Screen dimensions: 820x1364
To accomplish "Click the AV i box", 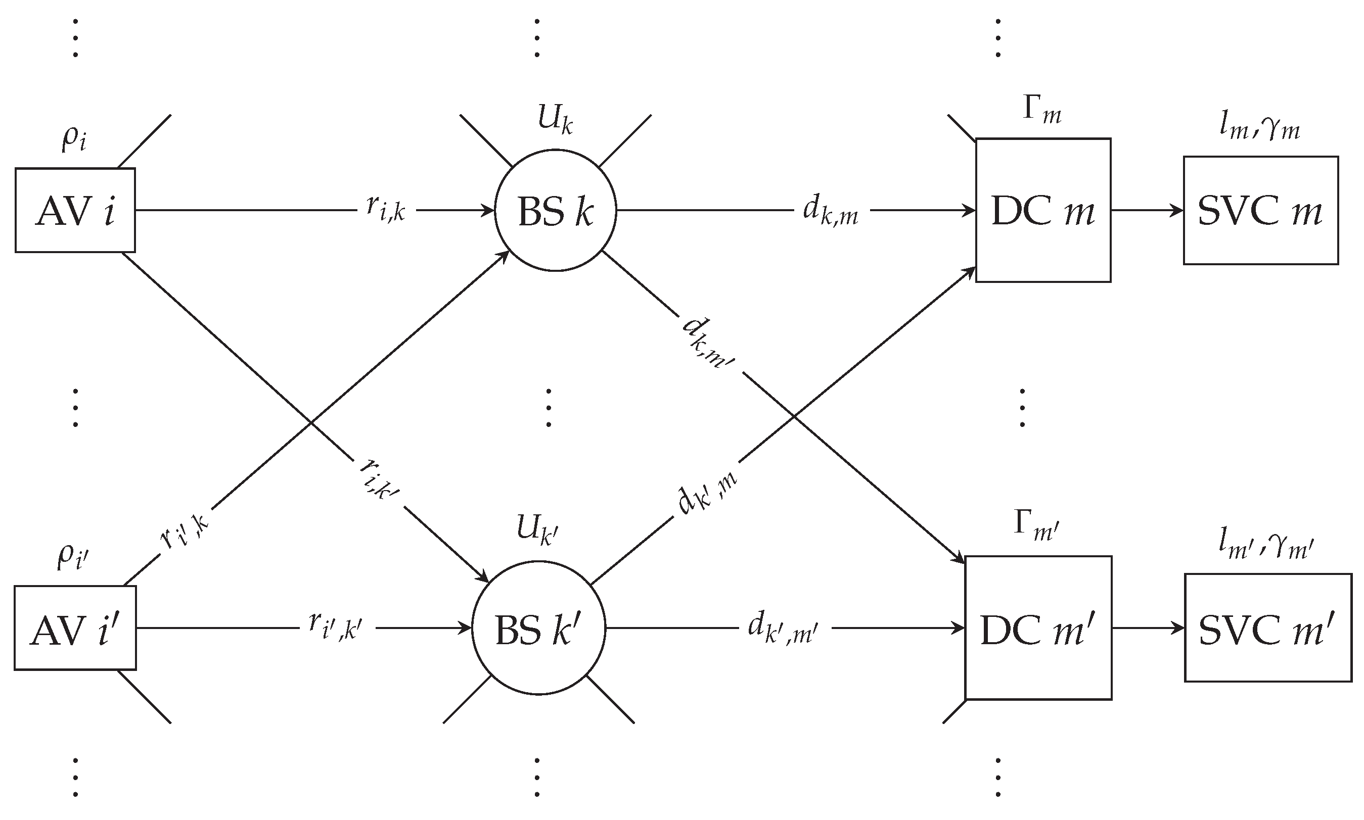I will point(75,211).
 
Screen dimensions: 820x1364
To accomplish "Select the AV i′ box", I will point(75,628).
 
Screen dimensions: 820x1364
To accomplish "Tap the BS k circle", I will point(555,211).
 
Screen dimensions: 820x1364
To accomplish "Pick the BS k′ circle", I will point(538,628).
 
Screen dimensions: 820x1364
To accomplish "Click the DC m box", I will point(1043,211).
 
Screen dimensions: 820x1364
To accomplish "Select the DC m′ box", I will point(1038,628).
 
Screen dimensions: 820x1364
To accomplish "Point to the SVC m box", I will point(1260,211).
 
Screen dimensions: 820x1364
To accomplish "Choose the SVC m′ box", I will point(1267,628).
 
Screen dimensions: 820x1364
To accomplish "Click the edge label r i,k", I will point(386,209).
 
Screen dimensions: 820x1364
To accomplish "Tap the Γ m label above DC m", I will point(1041,111).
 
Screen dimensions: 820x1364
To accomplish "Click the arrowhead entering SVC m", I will point(1177,211).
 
